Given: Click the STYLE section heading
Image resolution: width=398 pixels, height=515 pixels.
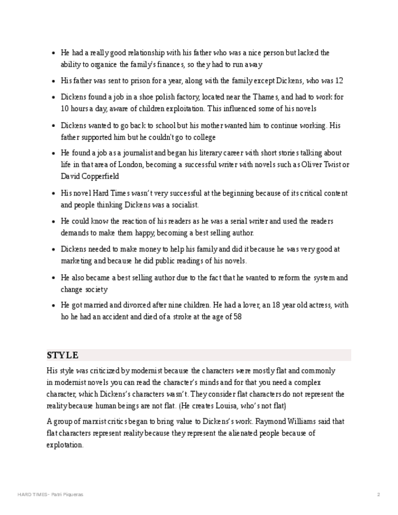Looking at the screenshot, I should tap(63, 355).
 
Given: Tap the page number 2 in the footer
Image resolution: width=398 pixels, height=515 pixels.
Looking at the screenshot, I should tap(378, 494).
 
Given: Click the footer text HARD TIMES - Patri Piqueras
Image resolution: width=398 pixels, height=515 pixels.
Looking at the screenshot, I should tap(50, 494).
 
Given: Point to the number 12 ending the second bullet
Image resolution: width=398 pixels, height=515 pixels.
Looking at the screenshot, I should tap(339, 81).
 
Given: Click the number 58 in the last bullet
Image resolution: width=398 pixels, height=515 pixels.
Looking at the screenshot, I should tap(238, 317).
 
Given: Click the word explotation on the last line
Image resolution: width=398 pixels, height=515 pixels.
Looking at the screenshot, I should tap(64, 445).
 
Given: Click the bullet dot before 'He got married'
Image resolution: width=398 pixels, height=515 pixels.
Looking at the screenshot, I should tap(53, 305).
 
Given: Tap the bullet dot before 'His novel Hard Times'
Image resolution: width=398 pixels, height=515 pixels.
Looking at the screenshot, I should tap(53, 194).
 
